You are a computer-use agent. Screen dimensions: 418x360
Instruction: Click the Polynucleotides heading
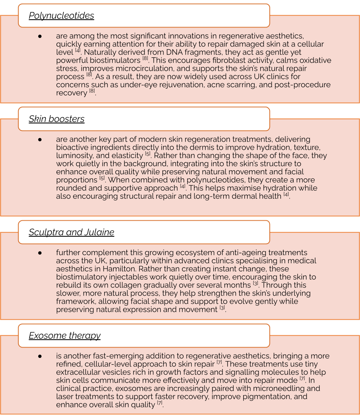click(x=61, y=16)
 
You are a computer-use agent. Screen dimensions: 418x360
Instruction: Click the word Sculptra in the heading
click(x=46, y=233)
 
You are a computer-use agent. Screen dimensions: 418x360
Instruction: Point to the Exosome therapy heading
click(x=65, y=336)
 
